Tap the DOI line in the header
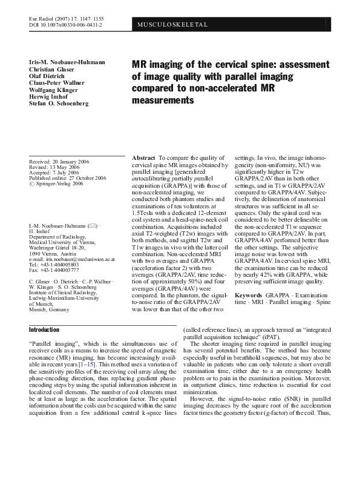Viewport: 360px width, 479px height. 65,25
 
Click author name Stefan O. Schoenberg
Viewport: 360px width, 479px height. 59,104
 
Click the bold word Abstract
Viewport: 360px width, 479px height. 144,157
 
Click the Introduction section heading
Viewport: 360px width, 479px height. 44,329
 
